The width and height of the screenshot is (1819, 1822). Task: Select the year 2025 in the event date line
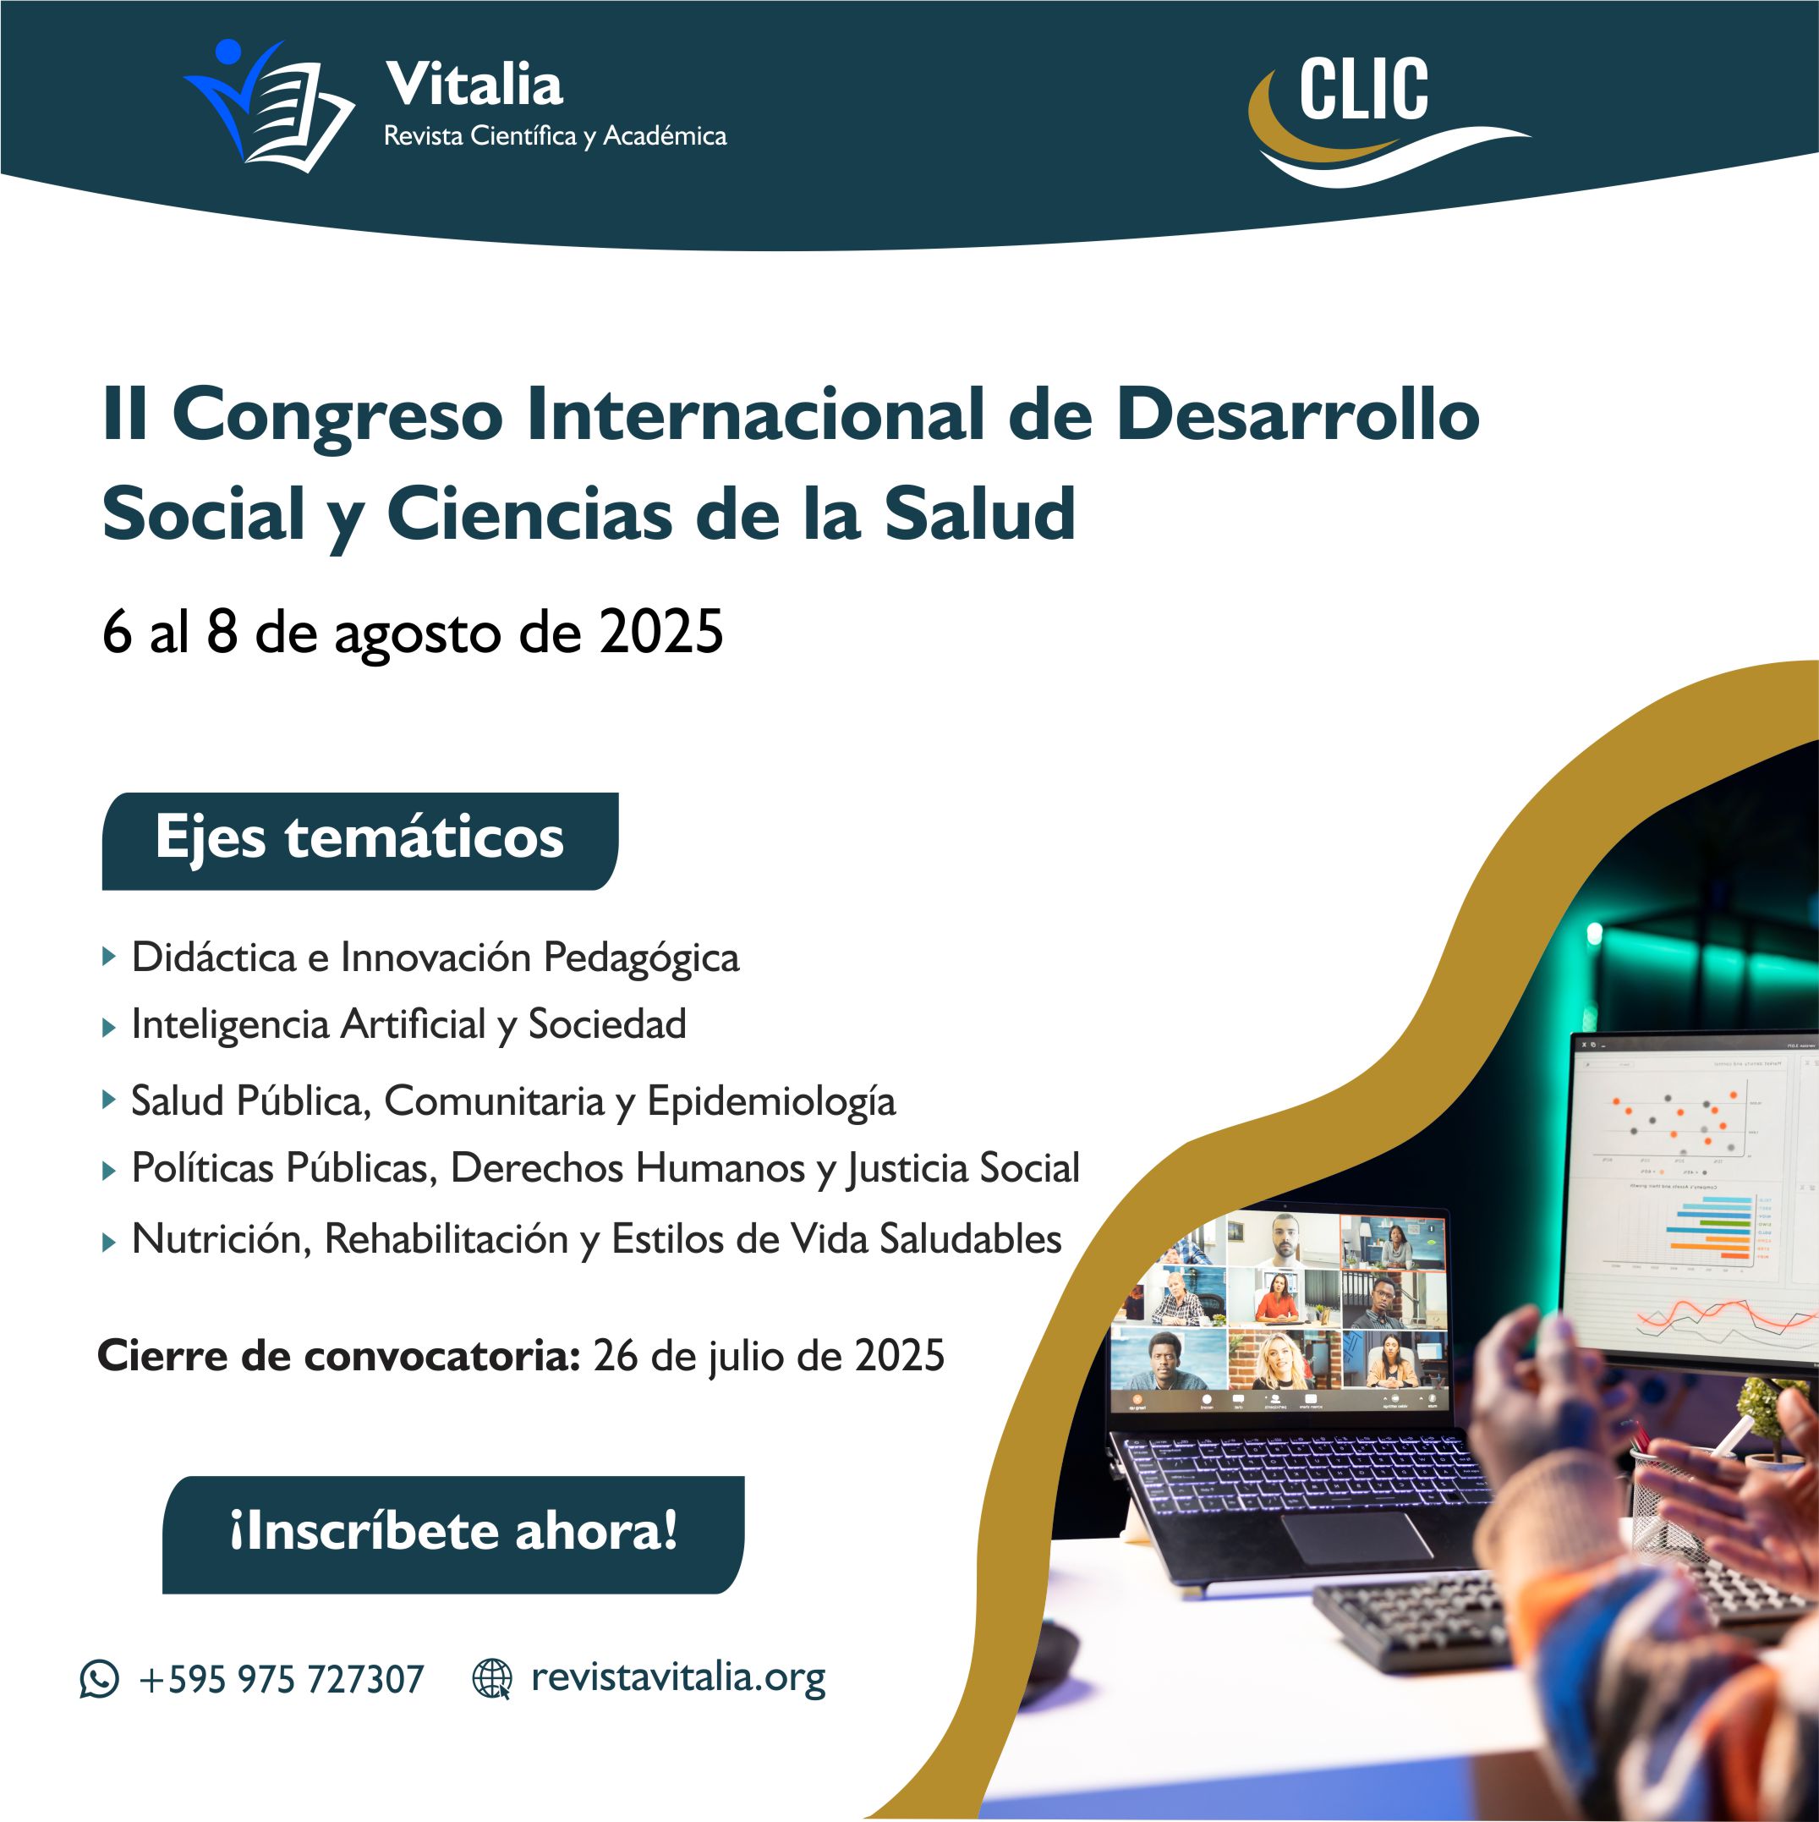click(661, 632)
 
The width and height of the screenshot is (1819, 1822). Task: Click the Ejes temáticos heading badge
click(360, 840)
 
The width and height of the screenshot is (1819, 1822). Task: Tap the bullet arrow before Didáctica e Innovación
click(109, 958)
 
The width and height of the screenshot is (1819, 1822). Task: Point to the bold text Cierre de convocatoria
click(337, 1356)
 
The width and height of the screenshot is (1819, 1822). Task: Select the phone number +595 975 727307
click(281, 1680)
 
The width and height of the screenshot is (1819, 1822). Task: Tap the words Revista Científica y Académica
click(556, 137)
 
